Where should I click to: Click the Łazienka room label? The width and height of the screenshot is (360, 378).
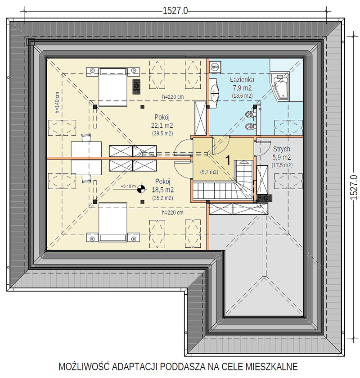[242, 80]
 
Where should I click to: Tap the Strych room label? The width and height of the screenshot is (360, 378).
[282, 149]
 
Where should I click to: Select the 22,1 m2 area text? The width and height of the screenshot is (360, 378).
[162, 125]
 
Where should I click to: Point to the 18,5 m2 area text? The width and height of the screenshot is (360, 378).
[162, 190]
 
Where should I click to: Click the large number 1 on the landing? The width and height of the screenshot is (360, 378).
[228, 160]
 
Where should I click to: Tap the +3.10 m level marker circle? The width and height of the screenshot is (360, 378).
[141, 189]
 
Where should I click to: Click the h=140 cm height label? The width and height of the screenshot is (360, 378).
[57, 102]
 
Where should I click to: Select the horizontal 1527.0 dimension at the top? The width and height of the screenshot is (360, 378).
[175, 11]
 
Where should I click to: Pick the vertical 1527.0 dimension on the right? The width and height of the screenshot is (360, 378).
[353, 187]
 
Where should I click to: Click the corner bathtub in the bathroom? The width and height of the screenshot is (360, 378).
[279, 86]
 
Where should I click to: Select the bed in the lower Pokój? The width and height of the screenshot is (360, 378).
[113, 222]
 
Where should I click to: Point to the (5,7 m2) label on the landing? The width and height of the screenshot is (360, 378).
[209, 172]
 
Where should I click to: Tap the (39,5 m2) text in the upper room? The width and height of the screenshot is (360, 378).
[162, 133]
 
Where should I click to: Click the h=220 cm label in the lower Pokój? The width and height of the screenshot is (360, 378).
[172, 213]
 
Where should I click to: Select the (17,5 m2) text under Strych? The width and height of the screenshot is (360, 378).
[282, 165]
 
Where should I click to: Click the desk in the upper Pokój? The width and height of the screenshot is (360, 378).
[86, 150]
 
